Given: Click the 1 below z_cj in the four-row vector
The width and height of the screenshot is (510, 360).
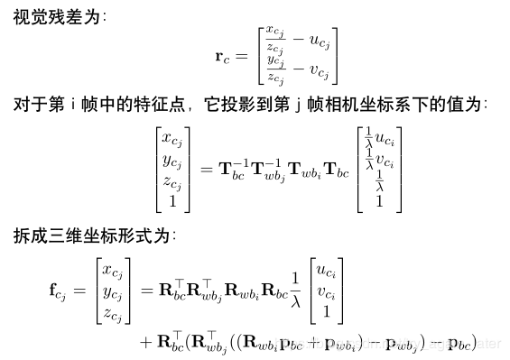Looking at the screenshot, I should coord(172,203).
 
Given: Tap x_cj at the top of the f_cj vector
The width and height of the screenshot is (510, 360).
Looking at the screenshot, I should coord(112,270).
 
